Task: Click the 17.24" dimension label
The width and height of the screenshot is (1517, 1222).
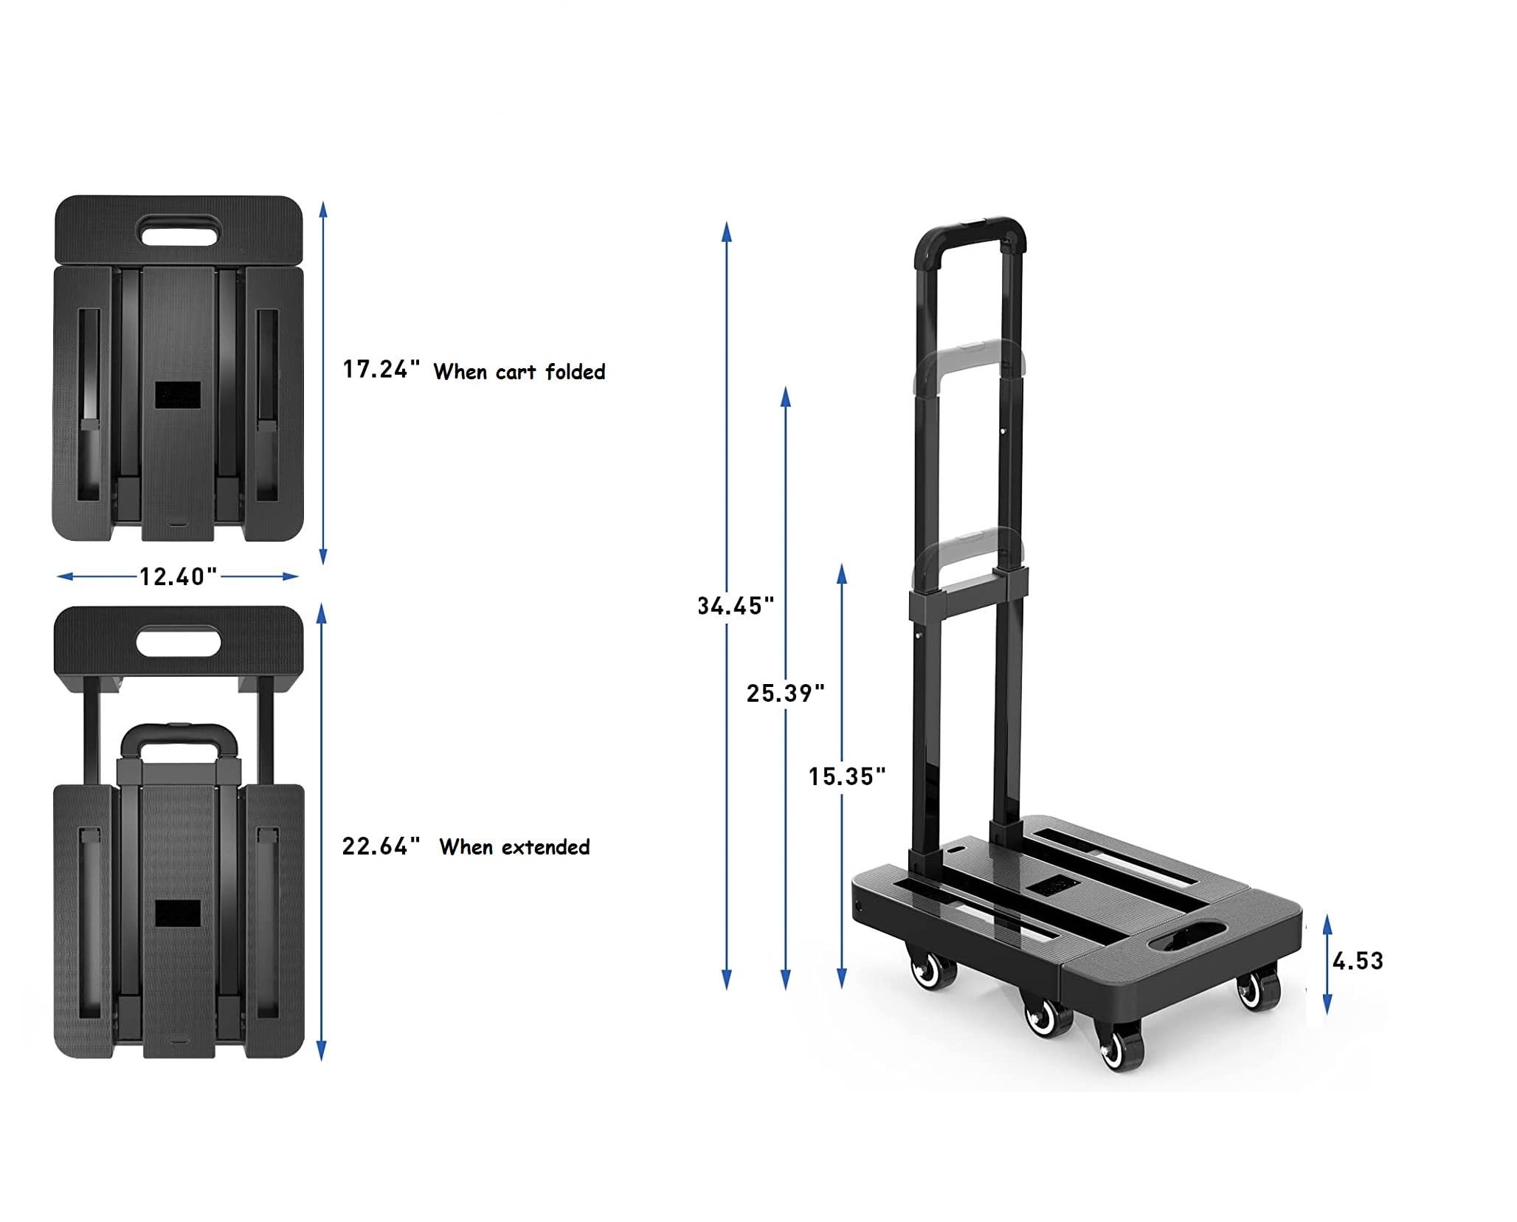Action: point(381,369)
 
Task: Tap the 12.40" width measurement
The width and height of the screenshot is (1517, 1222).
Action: point(178,576)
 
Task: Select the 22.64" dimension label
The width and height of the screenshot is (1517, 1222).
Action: point(381,846)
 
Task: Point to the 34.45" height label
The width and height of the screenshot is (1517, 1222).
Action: point(736,606)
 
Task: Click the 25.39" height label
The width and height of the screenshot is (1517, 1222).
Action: point(785,693)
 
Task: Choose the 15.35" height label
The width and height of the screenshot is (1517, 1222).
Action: point(846,776)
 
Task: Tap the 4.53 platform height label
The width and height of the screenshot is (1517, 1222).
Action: point(1357,961)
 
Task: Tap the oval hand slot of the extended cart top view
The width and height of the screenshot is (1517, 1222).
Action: point(179,640)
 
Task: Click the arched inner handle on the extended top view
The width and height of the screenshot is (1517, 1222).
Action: point(179,739)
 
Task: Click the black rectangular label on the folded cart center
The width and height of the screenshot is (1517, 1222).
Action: point(178,396)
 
